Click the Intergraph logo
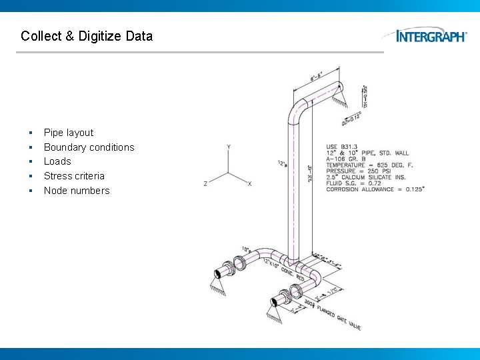pyautogui.click(x=431, y=36)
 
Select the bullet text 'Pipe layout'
pyautogui.click(x=69, y=133)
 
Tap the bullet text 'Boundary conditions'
pyautogui.click(x=89, y=147)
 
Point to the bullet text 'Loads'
pyautogui.click(x=57, y=161)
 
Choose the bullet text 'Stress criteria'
pyautogui.click(x=74, y=176)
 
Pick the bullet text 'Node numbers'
pyautogui.click(x=77, y=191)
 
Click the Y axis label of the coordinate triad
pyautogui.click(x=229, y=146)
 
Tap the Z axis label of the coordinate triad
pyautogui.click(x=205, y=183)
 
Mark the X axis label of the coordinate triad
pyautogui.click(x=250, y=183)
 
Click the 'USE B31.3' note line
pyautogui.click(x=341, y=147)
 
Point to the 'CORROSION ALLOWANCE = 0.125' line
pyautogui.click(x=375, y=189)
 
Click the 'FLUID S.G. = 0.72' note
pyautogui.click(x=353, y=183)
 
